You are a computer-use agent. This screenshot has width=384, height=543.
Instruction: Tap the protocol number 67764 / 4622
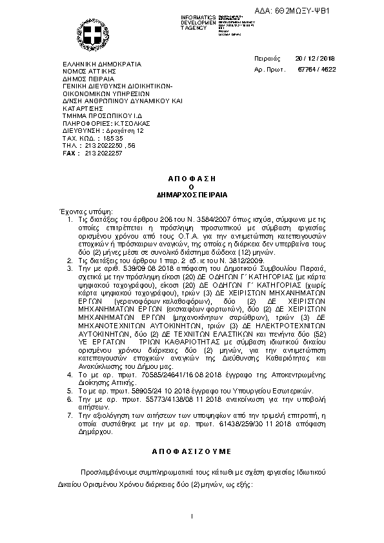coord(317,68)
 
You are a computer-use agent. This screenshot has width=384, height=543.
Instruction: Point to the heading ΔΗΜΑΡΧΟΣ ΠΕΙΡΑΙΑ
coord(191,193)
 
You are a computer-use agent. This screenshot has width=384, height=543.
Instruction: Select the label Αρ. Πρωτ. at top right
coord(267,68)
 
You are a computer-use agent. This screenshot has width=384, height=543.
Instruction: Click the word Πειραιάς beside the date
coord(267,57)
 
